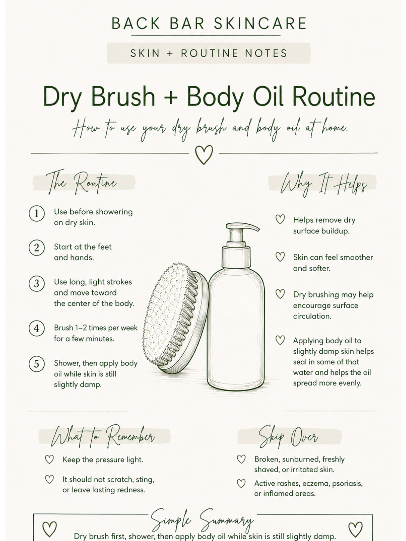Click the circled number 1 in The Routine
tap(37, 213)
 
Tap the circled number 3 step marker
tap(37, 284)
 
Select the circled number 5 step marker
tap(37, 364)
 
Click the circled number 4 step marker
tap(37, 328)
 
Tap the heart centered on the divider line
tap(204, 155)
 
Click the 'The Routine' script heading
tap(81, 182)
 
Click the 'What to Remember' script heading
tap(103, 436)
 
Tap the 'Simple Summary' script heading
tap(202, 520)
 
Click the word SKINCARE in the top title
tap(260, 24)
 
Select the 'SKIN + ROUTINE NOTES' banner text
tap(209, 53)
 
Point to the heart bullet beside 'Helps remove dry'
tap(280, 219)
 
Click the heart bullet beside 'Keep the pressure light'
tap(49, 460)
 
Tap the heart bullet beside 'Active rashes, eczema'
tap(241, 483)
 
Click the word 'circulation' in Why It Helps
tap(312, 316)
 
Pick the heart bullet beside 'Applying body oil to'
tap(280, 340)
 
